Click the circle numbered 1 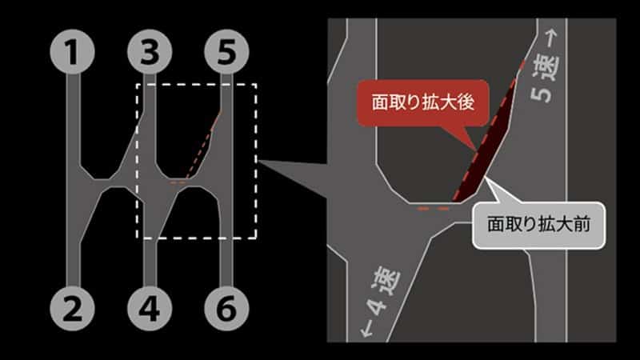[72, 52]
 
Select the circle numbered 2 [72, 308]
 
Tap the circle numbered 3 [150, 52]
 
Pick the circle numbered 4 [150, 308]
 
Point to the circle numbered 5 [226, 52]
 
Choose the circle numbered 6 [226, 308]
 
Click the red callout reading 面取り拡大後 [423, 102]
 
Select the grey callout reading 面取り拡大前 [538, 225]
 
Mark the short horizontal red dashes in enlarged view [433, 209]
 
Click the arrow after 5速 [550, 38]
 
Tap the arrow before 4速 [366, 328]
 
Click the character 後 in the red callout [466, 102]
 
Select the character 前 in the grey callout [582, 225]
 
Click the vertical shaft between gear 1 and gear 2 [73, 179]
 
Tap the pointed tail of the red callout [470, 139]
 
